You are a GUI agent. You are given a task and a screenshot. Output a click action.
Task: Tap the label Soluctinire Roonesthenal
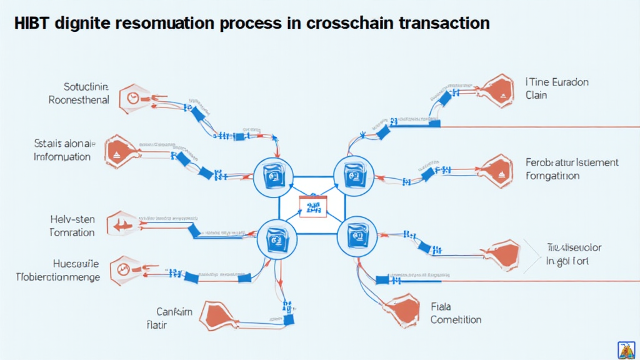(79, 93)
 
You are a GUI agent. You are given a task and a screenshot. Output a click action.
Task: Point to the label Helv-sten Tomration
(72, 226)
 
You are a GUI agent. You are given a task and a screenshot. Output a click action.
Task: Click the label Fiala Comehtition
(456, 312)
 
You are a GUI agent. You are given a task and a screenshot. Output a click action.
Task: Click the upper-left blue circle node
(272, 176)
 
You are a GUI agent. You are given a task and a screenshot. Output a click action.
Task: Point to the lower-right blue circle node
(355, 237)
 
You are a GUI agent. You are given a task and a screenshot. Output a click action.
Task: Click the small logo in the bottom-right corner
(626, 349)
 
